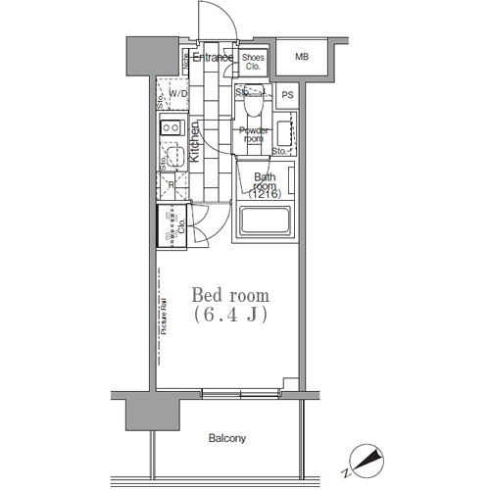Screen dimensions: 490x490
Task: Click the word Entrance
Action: tap(211, 58)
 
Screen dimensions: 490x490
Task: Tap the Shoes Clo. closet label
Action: tap(252, 62)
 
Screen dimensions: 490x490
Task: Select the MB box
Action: tap(302, 58)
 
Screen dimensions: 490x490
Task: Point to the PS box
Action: tap(287, 95)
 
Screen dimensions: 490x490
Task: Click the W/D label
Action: tap(178, 94)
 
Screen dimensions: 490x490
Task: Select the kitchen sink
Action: tap(171, 156)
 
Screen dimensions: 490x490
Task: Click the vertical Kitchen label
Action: tap(195, 141)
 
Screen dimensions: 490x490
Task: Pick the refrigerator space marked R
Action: tap(171, 184)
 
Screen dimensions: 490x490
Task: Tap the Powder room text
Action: tap(253, 133)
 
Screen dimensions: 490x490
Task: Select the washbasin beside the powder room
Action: tap(285, 131)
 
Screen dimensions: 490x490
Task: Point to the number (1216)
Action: tap(265, 193)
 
